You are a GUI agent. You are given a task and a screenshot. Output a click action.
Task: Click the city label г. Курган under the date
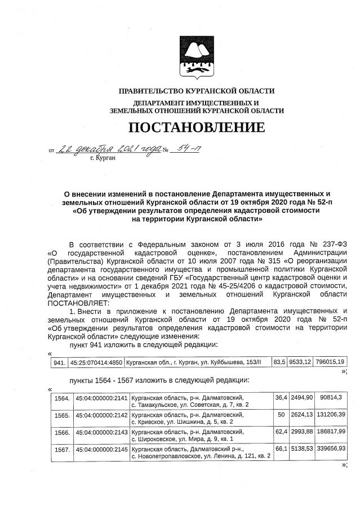102,159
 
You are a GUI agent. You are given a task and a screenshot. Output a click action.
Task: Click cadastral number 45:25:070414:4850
96,361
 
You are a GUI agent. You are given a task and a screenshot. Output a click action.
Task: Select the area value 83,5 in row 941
278,361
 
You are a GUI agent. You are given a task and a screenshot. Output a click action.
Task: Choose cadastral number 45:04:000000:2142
101,418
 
